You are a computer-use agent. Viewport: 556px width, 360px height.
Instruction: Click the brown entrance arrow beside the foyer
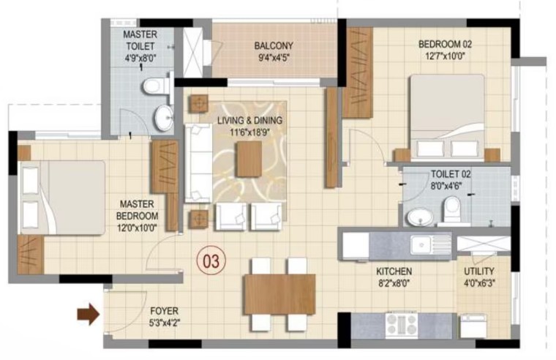pos(89,314)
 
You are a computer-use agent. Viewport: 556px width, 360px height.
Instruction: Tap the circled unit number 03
pos(211,261)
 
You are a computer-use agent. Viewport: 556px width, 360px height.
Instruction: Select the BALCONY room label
pos(274,46)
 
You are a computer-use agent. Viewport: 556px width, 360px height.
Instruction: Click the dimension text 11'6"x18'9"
pos(249,132)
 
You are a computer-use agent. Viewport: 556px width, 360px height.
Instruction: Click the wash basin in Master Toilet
pos(164,118)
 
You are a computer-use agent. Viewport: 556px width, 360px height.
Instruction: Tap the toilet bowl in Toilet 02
pos(452,210)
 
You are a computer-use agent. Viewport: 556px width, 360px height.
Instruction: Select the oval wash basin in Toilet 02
pos(419,217)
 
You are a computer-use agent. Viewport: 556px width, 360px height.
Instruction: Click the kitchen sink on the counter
pos(430,245)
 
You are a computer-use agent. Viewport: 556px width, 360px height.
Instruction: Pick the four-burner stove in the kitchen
pos(402,325)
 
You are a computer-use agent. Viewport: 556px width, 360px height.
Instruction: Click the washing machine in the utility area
pos(473,326)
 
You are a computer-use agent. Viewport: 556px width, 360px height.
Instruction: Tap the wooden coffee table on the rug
pos(249,159)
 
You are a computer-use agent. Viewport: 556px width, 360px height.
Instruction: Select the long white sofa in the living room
pos(198,163)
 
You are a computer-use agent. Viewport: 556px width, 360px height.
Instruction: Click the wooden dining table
pos(279,294)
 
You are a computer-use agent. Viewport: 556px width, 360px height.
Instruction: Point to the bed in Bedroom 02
pos(447,116)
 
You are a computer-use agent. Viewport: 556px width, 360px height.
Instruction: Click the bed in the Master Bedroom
pos(63,198)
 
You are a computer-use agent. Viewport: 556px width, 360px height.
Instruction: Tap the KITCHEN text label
pos(394,271)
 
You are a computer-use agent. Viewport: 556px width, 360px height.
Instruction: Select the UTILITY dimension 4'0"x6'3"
pos(479,283)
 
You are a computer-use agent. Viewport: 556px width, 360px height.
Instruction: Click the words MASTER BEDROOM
pos(138,210)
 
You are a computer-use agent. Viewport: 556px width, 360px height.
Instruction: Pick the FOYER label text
pos(164,311)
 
